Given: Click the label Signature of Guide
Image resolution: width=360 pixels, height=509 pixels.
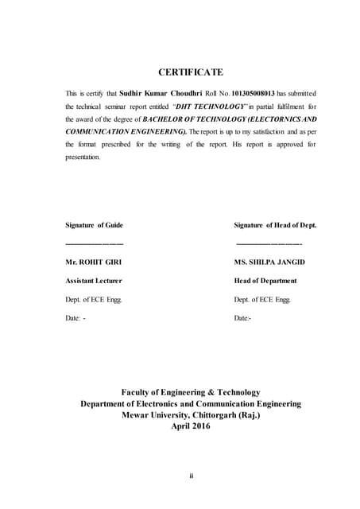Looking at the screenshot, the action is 94,225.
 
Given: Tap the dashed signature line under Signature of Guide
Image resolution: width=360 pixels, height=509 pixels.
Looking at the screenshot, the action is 94,242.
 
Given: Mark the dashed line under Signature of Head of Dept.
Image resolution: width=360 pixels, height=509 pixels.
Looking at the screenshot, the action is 269,242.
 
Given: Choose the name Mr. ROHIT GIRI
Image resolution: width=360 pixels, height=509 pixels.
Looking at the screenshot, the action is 94,262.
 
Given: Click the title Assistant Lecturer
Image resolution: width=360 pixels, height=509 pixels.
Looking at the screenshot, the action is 93,281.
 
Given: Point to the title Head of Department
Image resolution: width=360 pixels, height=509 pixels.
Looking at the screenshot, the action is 265,281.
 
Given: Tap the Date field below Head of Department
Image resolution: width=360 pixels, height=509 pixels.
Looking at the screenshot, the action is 243,318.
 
